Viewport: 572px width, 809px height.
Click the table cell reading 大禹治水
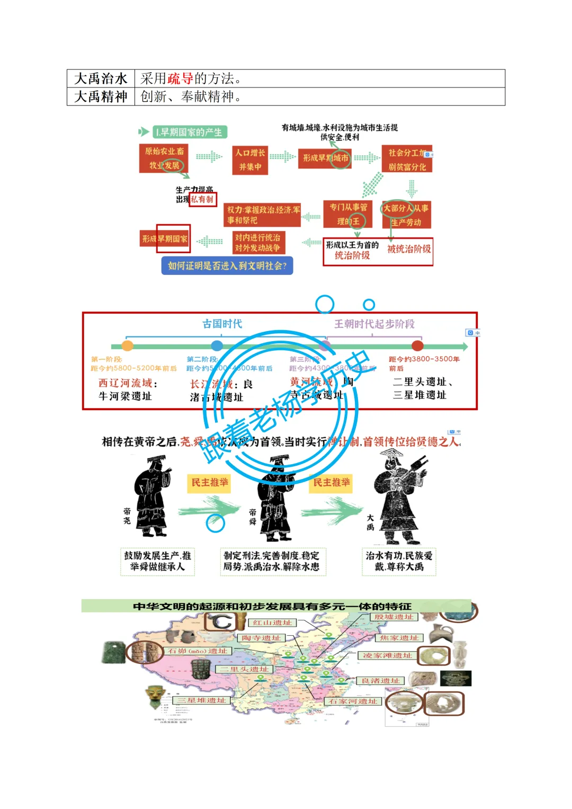coord(101,78)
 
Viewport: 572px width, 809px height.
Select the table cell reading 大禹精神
coord(101,96)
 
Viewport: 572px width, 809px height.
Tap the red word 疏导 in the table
coord(181,78)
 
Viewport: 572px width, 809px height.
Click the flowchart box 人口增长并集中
coord(251,160)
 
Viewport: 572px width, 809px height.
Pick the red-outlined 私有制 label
coord(202,199)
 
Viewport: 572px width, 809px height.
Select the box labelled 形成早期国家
coord(165,239)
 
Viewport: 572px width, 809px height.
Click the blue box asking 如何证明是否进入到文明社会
coord(227,265)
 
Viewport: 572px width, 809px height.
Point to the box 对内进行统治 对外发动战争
coord(258,242)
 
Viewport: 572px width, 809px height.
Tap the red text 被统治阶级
coord(409,248)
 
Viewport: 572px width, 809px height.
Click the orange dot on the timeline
coord(127,346)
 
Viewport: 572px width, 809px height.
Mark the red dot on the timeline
coord(417,346)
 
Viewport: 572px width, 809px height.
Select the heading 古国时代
coord(222,324)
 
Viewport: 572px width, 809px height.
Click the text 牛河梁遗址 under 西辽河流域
coord(125,396)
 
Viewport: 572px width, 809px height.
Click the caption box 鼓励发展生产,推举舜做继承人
coord(157,561)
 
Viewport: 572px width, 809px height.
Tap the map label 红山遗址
coord(272,623)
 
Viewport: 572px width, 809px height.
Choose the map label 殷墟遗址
coord(394,617)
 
